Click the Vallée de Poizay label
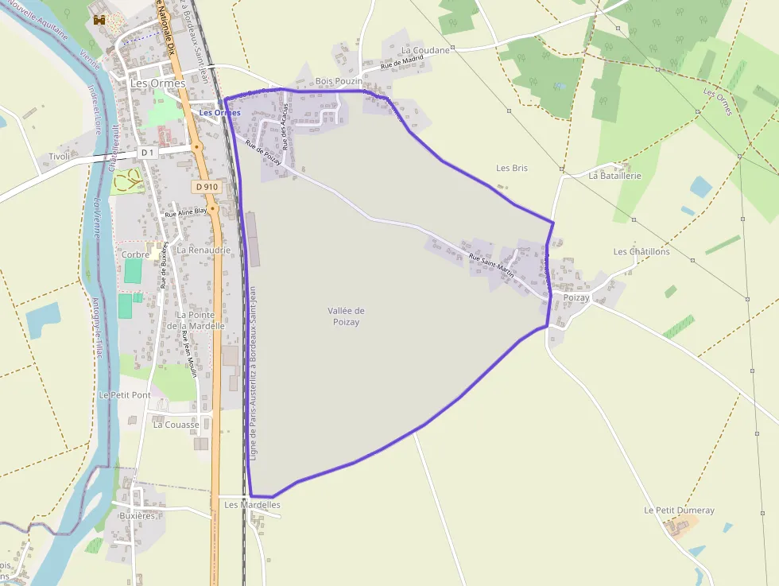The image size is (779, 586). coord(346,316)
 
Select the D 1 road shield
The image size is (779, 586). coord(147,152)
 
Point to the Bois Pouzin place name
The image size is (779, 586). coord(339,81)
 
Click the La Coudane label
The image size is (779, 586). coord(426,50)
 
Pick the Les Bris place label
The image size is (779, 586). coord(512,168)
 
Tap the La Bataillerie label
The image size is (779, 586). coord(614,176)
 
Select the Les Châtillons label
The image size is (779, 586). coord(641,251)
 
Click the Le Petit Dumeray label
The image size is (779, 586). coord(679,510)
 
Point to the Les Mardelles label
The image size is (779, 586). coord(252,504)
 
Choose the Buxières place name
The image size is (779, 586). coord(137,515)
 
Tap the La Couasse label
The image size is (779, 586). coord(176,425)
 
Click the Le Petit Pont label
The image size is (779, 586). coord(125,394)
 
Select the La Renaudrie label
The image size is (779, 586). coord(203,250)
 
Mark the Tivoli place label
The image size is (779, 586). coord(60,157)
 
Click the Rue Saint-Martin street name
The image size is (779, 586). coord(491,264)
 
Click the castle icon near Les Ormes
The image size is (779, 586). coord(99,20)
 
